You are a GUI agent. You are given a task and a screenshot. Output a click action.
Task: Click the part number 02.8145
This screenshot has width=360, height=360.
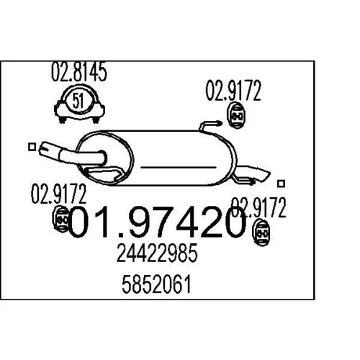[x=78, y=72]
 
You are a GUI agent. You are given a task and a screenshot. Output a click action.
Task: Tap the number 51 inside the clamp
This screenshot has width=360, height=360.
[x=78, y=101]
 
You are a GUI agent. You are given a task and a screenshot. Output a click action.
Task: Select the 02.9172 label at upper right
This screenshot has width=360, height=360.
[x=233, y=91]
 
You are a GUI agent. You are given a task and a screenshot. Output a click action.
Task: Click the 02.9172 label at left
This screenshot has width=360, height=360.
[x=58, y=194]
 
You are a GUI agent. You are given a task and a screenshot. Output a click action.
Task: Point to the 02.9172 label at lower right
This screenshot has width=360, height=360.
[x=258, y=207]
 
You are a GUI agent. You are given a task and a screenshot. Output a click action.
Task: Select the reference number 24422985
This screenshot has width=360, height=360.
[x=157, y=253]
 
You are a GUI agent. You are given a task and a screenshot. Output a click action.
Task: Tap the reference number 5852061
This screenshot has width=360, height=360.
[x=156, y=284]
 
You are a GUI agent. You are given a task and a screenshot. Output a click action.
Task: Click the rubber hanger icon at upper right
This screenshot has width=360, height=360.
[x=235, y=116]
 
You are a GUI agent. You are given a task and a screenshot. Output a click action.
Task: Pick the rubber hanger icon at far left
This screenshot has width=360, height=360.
[x=61, y=219]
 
